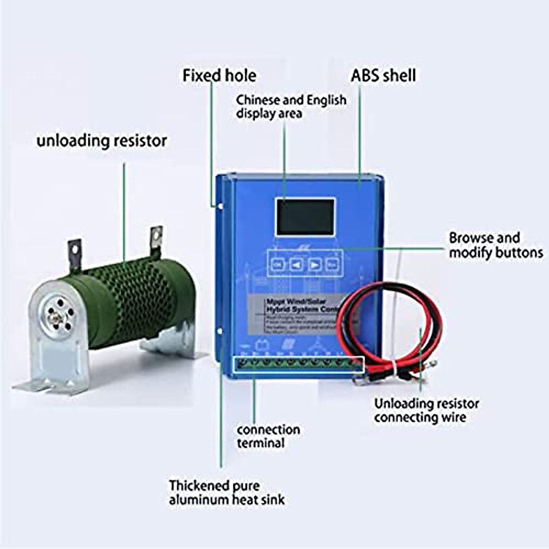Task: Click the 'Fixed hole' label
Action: coord(219,75)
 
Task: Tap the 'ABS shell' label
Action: coord(383,75)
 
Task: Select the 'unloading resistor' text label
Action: coord(102,140)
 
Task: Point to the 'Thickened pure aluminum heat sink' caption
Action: coord(226,492)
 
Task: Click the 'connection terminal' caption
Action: coord(268,436)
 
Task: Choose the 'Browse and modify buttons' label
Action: coord(495,245)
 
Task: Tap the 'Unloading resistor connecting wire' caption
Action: coord(426,410)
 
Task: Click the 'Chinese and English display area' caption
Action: coord(291,107)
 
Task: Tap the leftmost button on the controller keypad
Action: coord(278,264)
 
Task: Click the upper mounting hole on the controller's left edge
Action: coord(220,206)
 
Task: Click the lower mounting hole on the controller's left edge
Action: coord(220,330)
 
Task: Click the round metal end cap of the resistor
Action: coord(57,314)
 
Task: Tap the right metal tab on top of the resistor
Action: coord(157,237)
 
